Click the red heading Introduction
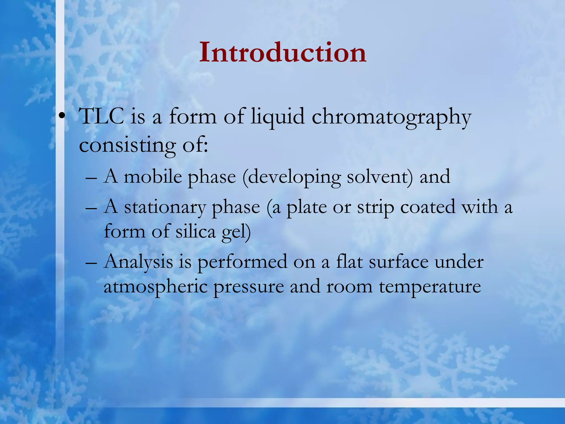coord(282,52)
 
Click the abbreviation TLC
coord(101,116)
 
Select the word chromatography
coord(391,117)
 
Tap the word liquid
coord(278,117)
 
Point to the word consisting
coord(127,145)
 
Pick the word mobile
coord(153,177)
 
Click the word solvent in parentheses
coord(379,177)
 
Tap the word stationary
coord(165,207)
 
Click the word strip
coord(375,208)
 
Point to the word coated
coord(428,207)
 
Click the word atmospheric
coord(155,287)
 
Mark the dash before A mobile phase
coord(91,178)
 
